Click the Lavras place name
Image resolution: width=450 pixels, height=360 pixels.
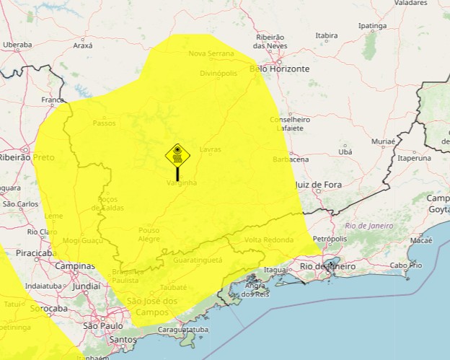tap(211, 149)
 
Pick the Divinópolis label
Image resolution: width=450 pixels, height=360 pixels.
tap(218, 73)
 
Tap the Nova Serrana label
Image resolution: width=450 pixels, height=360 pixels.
tap(211, 53)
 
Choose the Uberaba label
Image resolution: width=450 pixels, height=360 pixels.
tap(17, 45)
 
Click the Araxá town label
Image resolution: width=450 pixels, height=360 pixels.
tap(83, 45)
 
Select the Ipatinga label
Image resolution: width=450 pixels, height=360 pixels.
tap(373, 26)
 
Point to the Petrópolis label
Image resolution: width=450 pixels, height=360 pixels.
tap(331, 238)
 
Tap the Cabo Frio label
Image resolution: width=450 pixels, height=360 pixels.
tap(406, 265)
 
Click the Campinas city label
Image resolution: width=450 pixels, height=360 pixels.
tap(74, 266)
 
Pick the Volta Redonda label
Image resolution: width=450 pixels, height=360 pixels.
tap(269, 240)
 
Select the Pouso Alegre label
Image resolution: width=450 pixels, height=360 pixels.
tap(149, 234)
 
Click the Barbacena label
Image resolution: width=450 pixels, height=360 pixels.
tap(291, 159)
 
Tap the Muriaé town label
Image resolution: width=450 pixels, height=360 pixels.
tap(383, 141)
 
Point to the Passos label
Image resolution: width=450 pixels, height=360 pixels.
tap(104, 123)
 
